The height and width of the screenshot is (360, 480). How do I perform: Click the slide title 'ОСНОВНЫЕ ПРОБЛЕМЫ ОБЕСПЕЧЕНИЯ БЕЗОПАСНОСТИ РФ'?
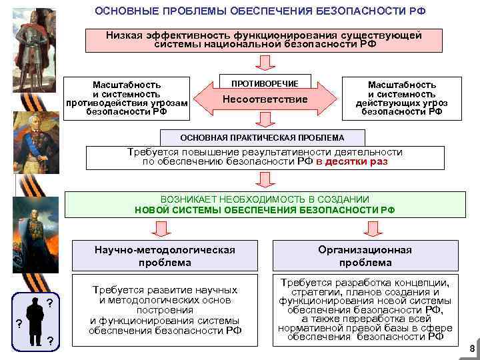260,12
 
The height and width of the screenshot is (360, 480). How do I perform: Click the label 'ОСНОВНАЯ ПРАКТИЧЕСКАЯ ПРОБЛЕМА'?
263,137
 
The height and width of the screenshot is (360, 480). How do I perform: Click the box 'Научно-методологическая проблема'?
165,256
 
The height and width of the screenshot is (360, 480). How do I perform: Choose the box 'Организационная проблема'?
365,256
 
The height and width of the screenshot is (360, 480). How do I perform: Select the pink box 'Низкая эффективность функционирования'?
265,39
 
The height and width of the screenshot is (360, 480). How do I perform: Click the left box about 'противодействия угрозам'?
126,98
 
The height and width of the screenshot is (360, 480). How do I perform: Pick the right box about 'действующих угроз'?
402,98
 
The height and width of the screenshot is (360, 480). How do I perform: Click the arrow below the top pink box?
265,62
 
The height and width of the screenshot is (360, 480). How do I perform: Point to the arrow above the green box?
265,179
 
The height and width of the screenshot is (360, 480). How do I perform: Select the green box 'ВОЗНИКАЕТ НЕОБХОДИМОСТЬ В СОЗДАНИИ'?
265,204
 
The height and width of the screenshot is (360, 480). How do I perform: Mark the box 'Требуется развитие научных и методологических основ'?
165,310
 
